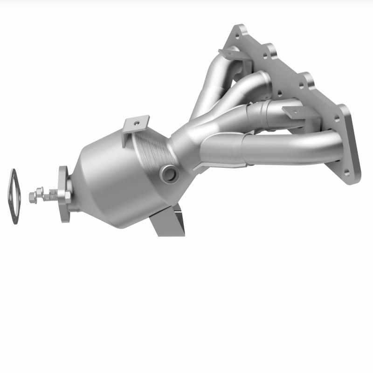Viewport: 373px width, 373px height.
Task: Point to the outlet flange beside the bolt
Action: (65, 196)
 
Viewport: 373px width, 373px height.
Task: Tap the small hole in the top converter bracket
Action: (136, 123)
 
